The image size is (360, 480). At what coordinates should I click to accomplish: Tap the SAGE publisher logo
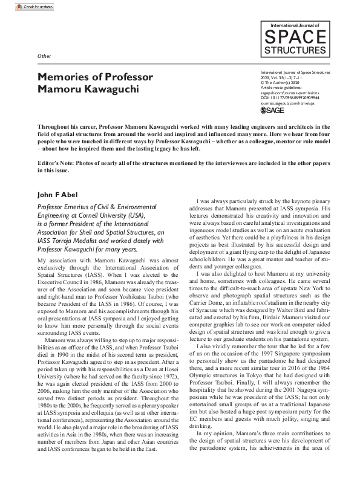pyautogui.click(x=272, y=111)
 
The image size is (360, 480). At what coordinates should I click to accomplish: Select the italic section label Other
pyautogui.click(x=44, y=56)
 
